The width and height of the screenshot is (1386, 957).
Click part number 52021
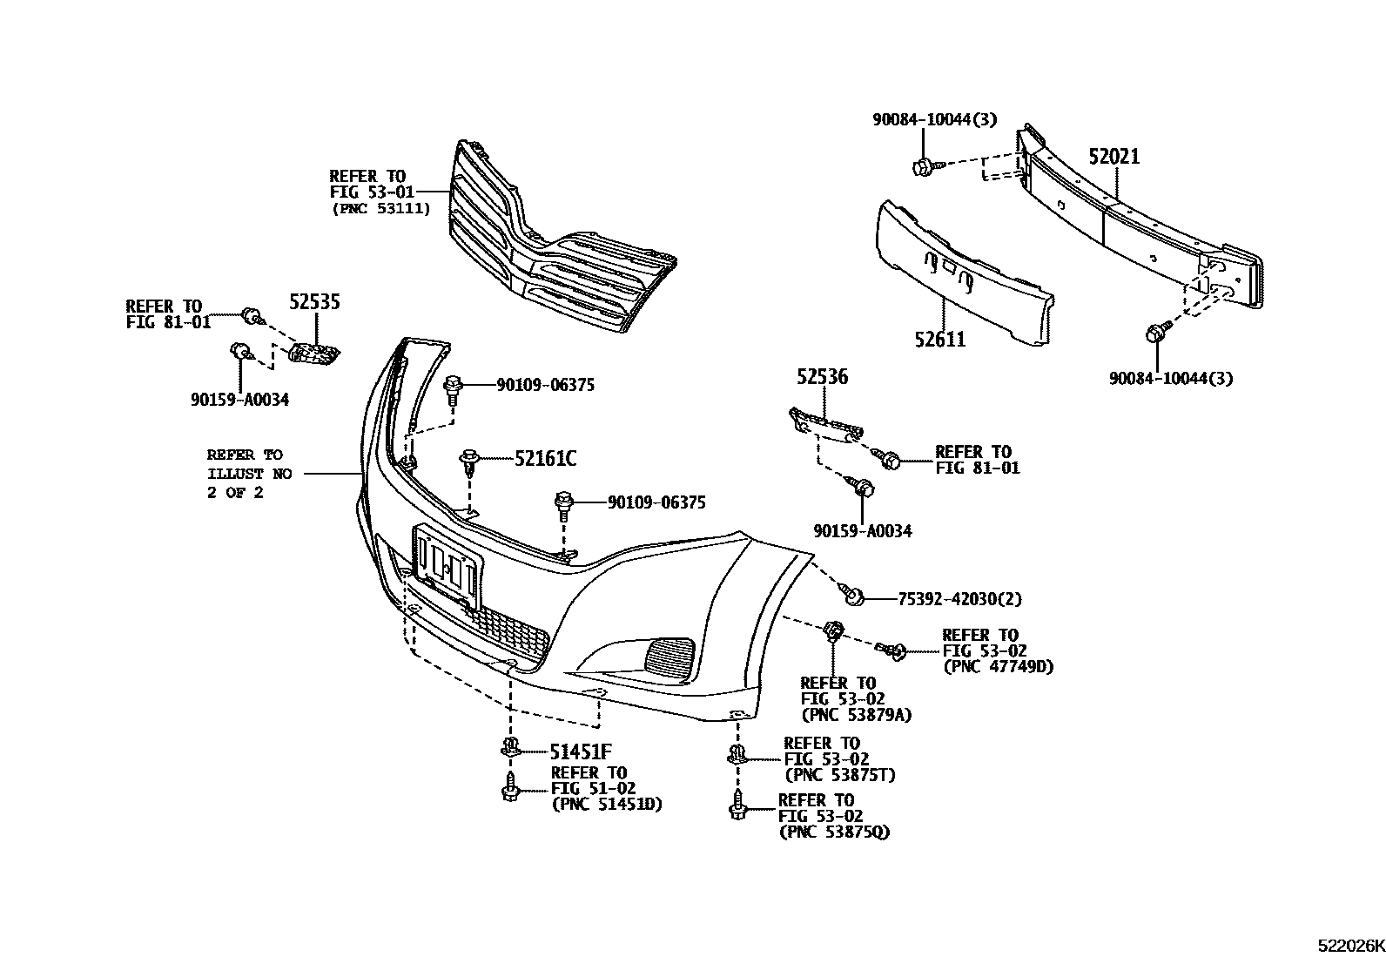[1114, 157]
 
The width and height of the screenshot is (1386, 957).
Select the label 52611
[940, 339]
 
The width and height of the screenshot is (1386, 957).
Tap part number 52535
[314, 303]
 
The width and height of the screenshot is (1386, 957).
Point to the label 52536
[822, 378]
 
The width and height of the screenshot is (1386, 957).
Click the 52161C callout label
[545, 458]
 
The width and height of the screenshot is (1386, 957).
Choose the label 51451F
[580, 751]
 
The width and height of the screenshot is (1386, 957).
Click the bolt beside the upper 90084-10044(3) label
[922, 165]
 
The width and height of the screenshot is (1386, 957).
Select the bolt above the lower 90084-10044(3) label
[1157, 333]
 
